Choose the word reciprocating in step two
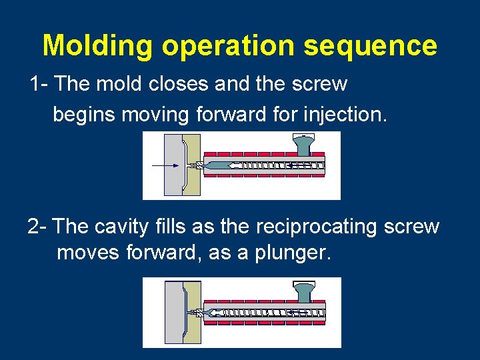coord(314,227)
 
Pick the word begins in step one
coord(85,114)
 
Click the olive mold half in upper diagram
coord(193,165)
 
